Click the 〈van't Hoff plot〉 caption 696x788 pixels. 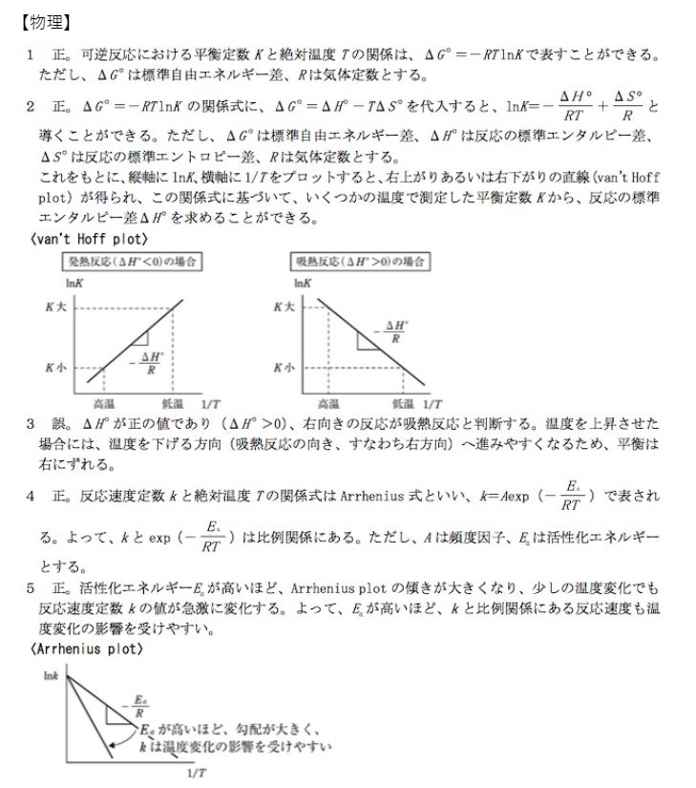pyautogui.click(x=87, y=239)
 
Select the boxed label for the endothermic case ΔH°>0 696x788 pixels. pyautogui.click(x=358, y=261)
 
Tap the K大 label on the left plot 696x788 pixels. pyautogui.click(x=54, y=307)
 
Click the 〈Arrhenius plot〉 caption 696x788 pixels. pyautogui.click(x=87, y=650)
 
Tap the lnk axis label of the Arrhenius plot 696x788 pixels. pyautogui.click(x=52, y=674)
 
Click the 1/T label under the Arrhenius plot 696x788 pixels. pyautogui.click(x=195, y=772)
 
